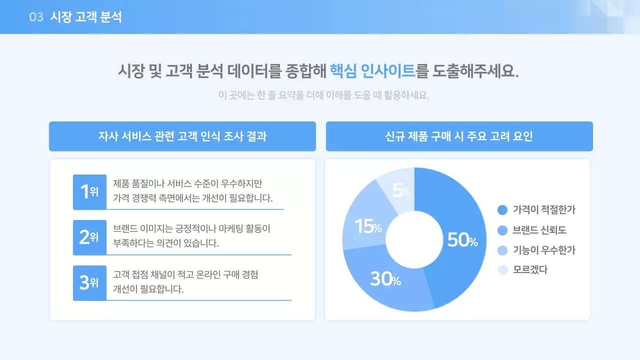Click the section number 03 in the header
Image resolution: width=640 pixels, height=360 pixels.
[36, 17]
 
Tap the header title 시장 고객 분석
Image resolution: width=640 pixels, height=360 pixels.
[86, 17]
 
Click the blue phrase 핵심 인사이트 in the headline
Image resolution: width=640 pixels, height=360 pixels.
[372, 71]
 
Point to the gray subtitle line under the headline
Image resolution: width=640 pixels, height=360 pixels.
[323, 95]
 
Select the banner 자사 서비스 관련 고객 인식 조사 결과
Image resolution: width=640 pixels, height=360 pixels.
[182, 136]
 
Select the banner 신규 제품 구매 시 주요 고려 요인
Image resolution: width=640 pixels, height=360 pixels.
[459, 136]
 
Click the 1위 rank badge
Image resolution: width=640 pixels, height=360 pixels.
[89, 191]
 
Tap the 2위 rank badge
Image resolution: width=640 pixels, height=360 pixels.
[89, 237]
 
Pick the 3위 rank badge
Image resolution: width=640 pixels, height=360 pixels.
[89, 282]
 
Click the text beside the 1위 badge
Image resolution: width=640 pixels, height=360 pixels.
[193, 190]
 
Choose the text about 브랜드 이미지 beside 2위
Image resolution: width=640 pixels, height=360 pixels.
[191, 236]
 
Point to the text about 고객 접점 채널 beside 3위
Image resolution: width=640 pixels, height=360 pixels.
[185, 281]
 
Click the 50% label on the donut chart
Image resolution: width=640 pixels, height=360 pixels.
[462, 240]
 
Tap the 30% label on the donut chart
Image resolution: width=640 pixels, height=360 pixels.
[385, 279]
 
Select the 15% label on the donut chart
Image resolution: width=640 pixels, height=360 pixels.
[368, 227]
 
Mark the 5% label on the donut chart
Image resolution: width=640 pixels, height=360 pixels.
[401, 190]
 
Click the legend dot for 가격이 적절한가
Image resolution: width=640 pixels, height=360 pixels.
[502, 210]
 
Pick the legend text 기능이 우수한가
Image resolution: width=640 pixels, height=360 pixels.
[544, 250]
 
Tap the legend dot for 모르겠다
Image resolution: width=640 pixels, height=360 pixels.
[502, 270]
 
